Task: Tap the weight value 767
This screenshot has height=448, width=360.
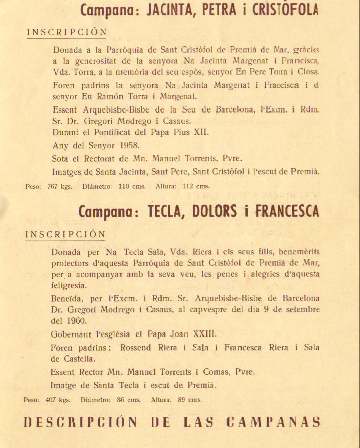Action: pyautogui.click(x=52, y=186)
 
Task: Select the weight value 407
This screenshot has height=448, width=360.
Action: pyautogui.click(x=51, y=400)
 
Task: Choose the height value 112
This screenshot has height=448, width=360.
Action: pyautogui.click(x=188, y=186)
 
